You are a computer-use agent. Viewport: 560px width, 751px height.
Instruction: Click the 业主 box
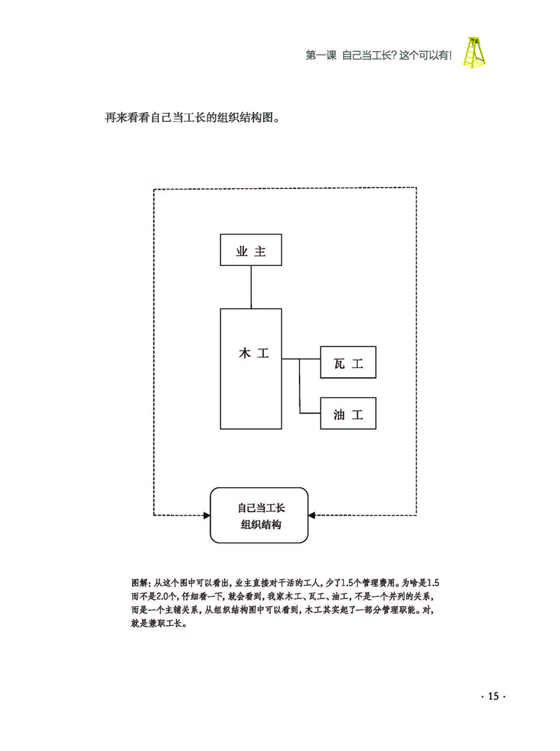point(251,250)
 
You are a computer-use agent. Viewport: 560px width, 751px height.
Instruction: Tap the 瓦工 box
point(348,363)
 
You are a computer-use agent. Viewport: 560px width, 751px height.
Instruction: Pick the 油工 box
point(348,414)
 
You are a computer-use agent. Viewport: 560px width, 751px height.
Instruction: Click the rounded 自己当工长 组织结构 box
point(259,515)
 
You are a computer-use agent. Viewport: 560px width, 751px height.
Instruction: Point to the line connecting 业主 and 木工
point(251,287)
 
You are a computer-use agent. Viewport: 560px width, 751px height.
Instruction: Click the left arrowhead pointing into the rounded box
point(206,515)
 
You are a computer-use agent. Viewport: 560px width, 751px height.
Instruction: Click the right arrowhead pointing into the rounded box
point(312,515)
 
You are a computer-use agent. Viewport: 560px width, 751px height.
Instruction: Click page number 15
point(493,696)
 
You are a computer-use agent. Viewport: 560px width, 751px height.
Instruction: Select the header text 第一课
point(321,56)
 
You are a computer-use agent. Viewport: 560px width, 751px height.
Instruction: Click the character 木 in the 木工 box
point(244,354)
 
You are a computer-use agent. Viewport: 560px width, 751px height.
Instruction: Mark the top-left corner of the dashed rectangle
point(154,189)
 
